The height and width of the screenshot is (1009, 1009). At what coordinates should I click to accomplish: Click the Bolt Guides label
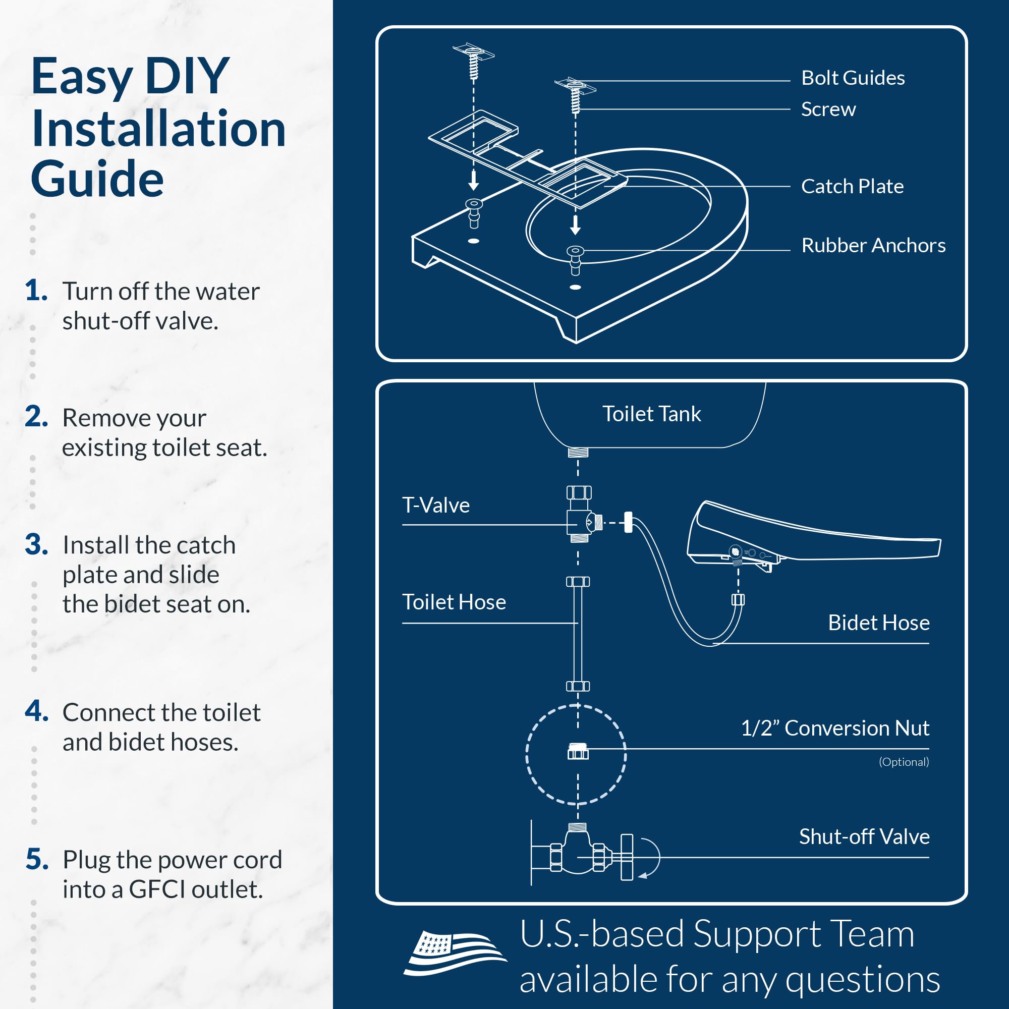(852, 78)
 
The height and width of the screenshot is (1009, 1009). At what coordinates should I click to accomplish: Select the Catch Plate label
(852, 187)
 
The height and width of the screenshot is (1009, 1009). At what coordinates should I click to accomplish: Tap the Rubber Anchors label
(873, 245)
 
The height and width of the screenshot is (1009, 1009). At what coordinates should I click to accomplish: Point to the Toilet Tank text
(651, 414)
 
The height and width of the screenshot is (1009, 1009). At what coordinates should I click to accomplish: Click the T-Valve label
(435, 505)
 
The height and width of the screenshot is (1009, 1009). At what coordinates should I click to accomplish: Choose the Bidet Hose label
(878, 623)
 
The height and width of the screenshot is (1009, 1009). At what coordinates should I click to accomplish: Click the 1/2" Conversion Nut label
(834, 727)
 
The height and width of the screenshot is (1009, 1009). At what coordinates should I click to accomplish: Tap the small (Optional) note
(904, 761)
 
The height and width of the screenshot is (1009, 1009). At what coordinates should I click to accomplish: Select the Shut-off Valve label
(864, 836)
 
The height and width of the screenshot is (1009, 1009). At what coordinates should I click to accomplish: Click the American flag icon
(454, 951)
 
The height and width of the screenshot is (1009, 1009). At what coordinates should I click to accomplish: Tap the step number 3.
(36, 544)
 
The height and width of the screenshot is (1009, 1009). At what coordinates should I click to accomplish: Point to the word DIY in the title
(187, 76)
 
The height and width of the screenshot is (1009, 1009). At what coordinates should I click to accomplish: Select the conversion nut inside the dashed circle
(578, 752)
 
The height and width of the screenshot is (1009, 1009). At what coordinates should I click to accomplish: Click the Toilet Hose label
(454, 602)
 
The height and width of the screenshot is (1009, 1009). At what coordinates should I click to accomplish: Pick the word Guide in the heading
(97, 179)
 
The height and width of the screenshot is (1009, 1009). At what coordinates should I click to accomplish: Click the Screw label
(828, 109)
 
